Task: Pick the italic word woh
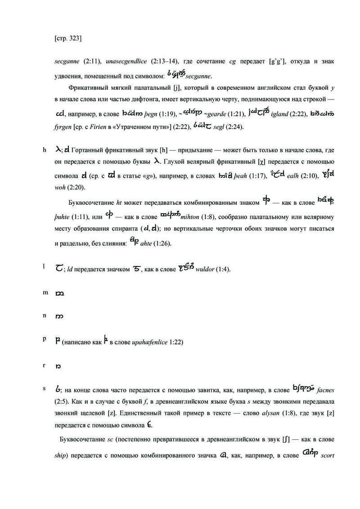click(59, 187)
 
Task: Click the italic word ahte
click(152, 244)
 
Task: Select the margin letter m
click(45, 293)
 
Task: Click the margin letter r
click(44, 365)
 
